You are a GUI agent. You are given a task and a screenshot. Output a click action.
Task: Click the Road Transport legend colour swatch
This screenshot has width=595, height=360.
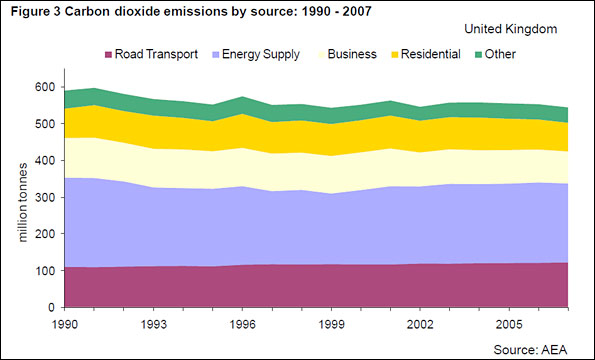109,54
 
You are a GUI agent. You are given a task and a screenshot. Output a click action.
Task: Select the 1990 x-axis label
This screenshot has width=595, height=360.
65,325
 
